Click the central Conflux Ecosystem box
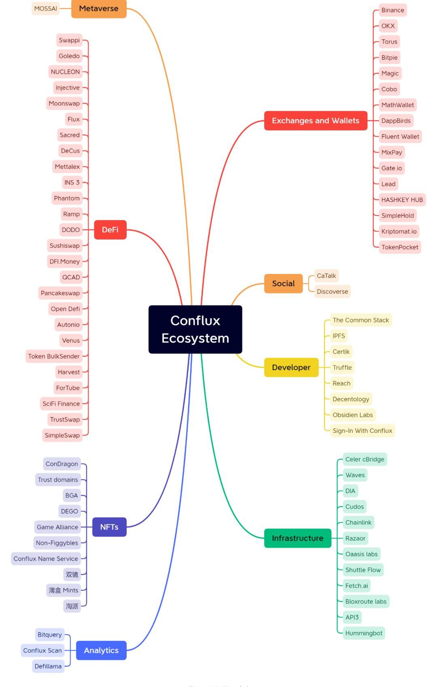click(195, 329)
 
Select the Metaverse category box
click(99, 8)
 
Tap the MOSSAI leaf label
click(45, 8)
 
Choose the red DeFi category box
click(110, 230)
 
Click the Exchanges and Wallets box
click(316, 120)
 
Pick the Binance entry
click(392, 10)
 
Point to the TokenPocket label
click(400, 247)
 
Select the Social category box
click(283, 283)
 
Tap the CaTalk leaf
click(326, 276)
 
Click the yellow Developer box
click(291, 367)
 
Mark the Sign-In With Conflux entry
click(362, 430)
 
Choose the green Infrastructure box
click(297, 538)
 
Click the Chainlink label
click(358, 522)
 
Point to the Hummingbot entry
click(363, 633)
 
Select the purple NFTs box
click(109, 527)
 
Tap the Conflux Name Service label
click(46, 558)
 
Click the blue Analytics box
click(101, 650)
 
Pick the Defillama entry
click(48, 666)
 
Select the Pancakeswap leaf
click(60, 293)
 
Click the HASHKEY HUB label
click(402, 200)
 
